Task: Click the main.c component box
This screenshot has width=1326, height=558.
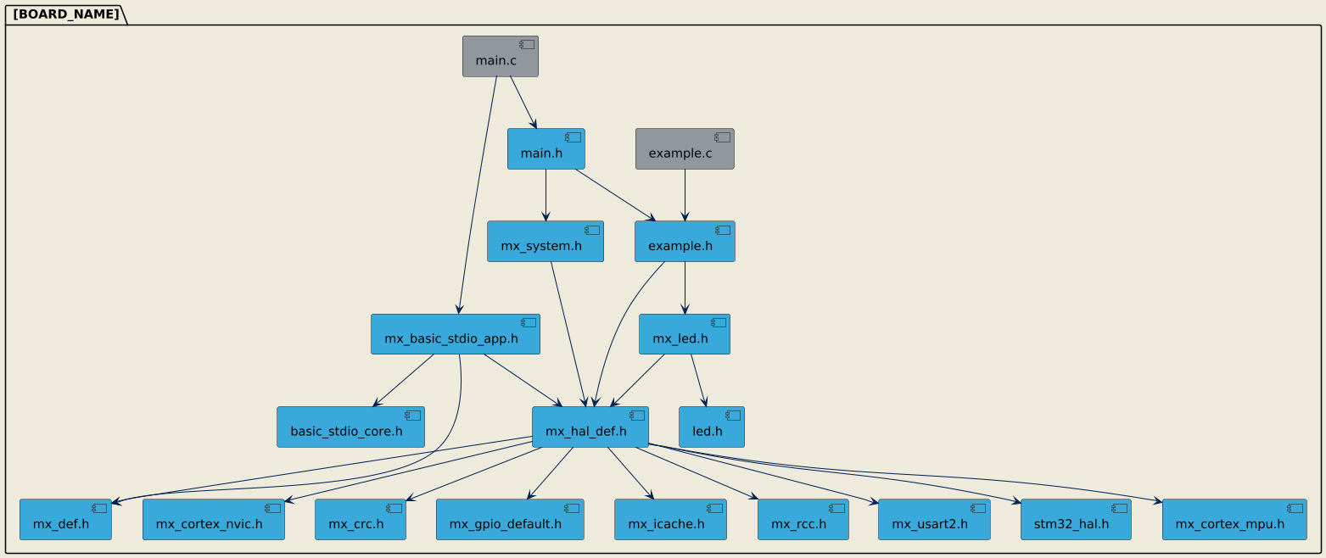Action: [x=500, y=57]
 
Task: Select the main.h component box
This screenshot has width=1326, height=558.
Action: [x=546, y=149]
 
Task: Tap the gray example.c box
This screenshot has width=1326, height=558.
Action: [x=684, y=149]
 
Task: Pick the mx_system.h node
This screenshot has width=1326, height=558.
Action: [x=545, y=242]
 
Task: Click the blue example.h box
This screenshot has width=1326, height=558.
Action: [x=684, y=242]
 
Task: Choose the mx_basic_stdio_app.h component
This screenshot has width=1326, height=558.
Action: [x=455, y=334]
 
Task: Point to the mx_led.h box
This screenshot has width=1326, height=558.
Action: [x=684, y=334]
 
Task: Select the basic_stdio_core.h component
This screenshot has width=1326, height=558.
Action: [x=350, y=427]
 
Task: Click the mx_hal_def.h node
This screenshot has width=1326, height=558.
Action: [x=590, y=427]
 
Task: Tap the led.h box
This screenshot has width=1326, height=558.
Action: [x=711, y=427]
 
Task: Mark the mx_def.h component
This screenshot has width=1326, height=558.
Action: [x=65, y=519]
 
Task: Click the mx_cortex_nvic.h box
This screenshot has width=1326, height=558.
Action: [x=213, y=519]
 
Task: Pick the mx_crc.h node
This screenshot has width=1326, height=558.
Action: [x=360, y=519]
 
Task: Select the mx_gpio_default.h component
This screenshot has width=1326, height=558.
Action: [x=510, y=519]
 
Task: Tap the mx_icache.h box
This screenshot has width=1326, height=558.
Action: [x=670, y=519]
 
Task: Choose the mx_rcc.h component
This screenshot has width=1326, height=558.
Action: [x=803, y=519]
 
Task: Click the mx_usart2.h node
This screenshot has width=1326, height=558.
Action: [x=934, y=519]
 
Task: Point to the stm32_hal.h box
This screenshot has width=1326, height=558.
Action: [x=1075, y=519]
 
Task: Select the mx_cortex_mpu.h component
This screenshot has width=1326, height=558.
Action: [x=1234, y=519]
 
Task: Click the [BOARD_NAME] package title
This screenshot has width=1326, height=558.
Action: [x=66, y=14]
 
